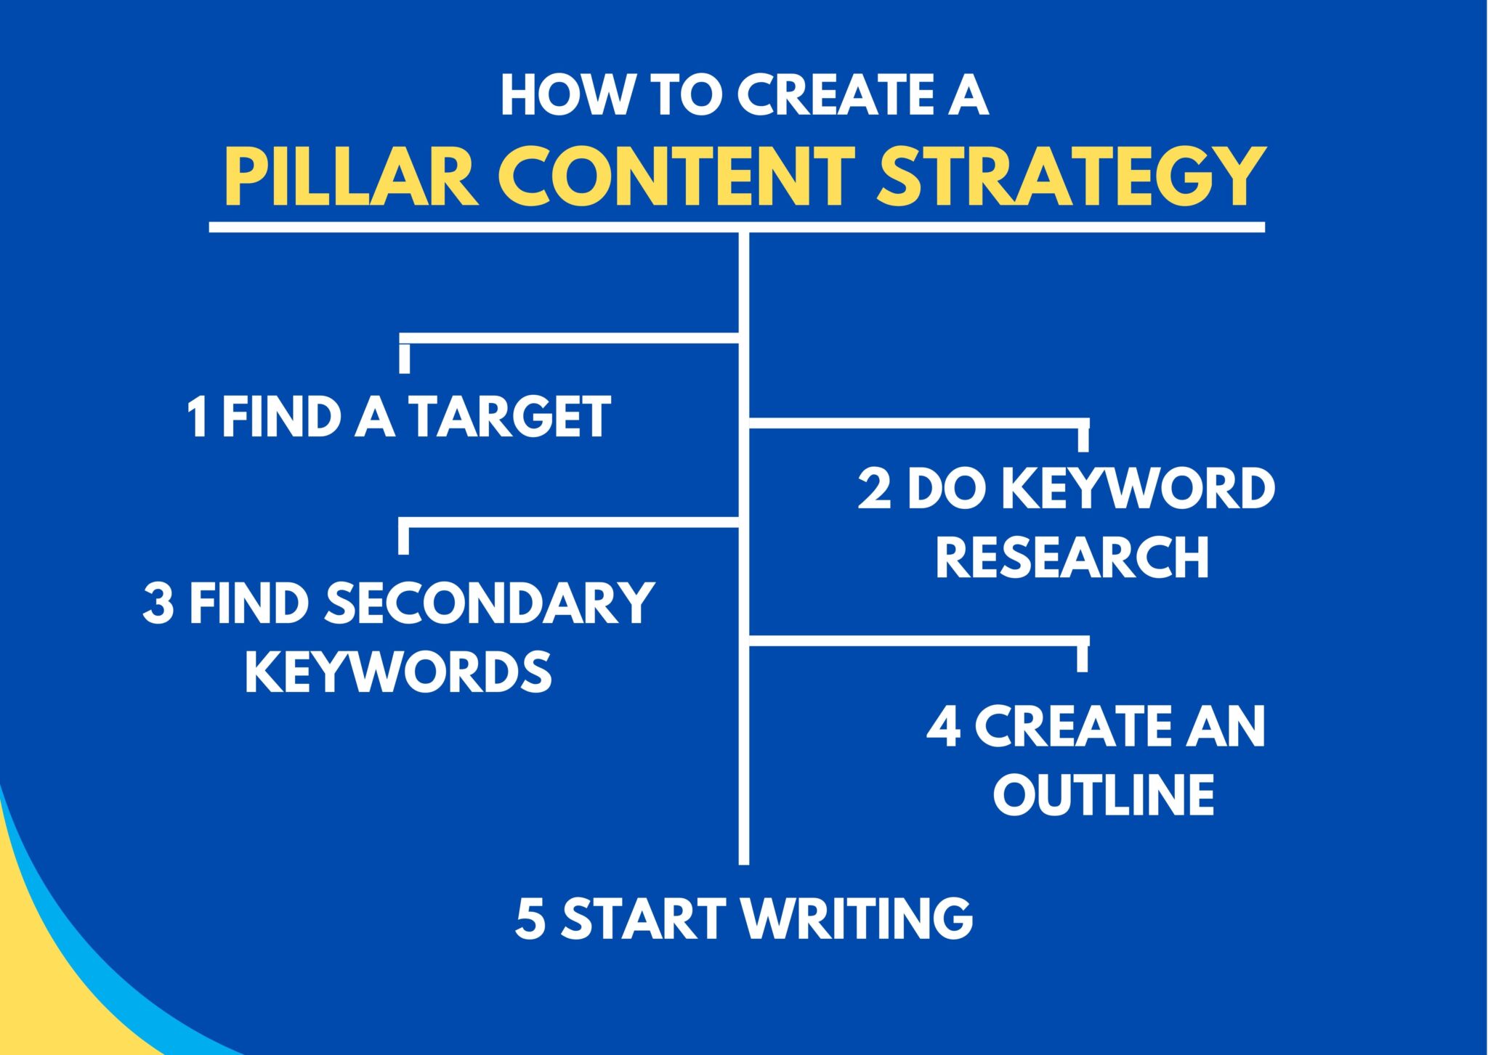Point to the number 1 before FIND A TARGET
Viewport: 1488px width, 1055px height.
197,417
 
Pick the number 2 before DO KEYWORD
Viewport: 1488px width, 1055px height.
874,488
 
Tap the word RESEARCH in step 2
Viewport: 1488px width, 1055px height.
1072,557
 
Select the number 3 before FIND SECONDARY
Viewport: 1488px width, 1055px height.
158,603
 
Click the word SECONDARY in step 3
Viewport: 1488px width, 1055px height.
489,603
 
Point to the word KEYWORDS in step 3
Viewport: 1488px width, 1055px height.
398,672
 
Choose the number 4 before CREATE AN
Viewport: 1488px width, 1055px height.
944,726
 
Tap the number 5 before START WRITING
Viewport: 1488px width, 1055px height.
530,918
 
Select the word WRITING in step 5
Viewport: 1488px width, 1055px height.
857,918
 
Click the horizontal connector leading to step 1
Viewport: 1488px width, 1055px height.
570,338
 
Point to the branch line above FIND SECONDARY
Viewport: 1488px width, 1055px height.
570,522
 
